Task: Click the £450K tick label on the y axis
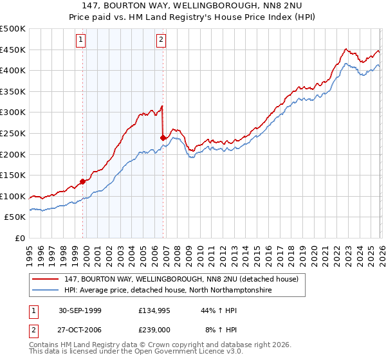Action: [x=13, y=50]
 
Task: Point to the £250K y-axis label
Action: [x=13, y=133]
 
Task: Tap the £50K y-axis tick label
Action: [x=15, y=217]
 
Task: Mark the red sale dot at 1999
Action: [x=83, y=181]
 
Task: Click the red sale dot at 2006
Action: [x=163, y=138]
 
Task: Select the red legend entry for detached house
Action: [x=181, y=280]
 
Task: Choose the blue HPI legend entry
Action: [x=167, y=291]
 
